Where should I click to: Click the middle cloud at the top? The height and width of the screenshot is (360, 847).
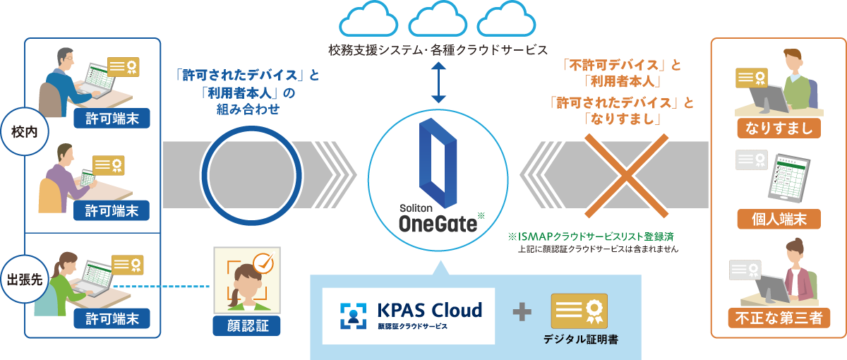(438, 21)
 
